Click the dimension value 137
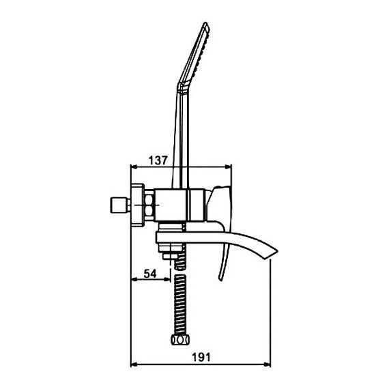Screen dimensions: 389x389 [x=158, y=160]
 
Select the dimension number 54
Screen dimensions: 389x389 [x=150, y=274]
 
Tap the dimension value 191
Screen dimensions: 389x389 [x=201, y=358]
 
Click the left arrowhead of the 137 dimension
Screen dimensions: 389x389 [x=134, y=167]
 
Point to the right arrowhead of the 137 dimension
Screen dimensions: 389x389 [x=228, y=167]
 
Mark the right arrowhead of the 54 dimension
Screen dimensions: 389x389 [x=167, y=279]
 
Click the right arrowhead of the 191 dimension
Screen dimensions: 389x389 [x=268, y=364]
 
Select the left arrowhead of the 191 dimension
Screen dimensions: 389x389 [x=134, y=364]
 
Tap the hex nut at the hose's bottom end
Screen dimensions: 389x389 [x=180, y=339]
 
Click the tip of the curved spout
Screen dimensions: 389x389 [x=277, y=251]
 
